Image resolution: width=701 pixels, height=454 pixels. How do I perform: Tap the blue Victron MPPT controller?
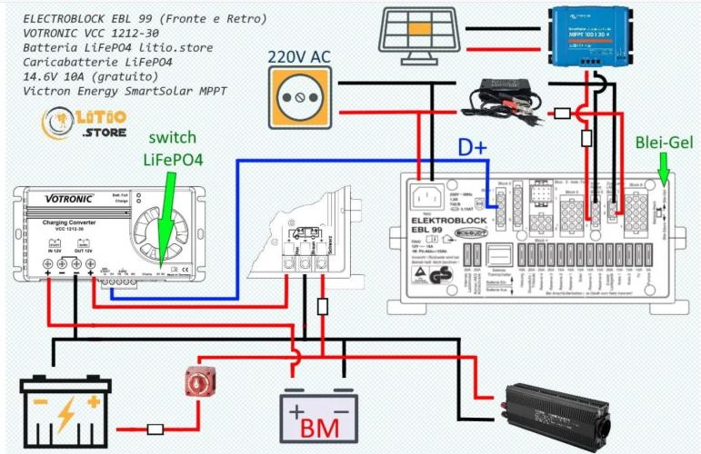[597, 36]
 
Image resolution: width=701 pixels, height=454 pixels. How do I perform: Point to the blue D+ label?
[471, 147]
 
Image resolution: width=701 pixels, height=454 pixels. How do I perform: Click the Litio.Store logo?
[79, 123]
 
